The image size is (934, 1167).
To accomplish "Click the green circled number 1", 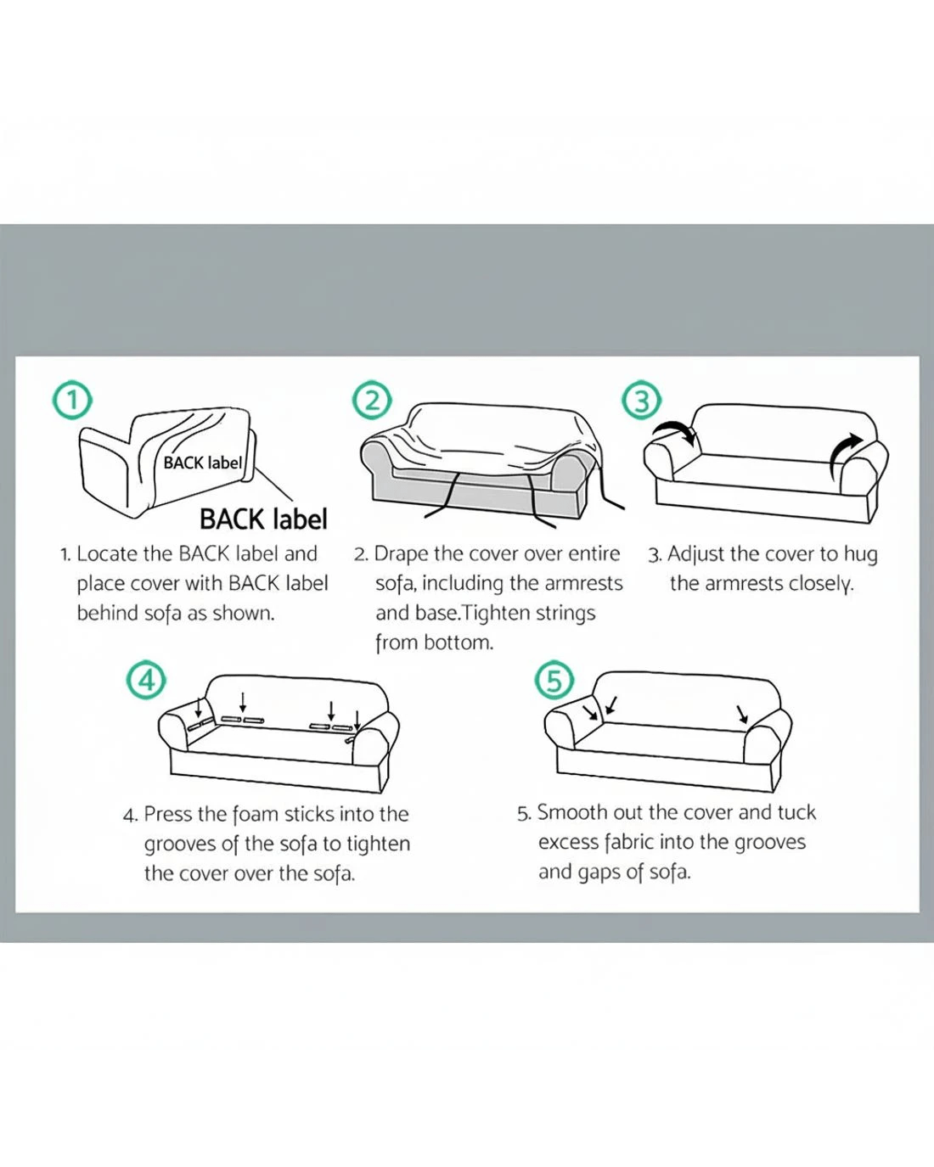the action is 71,401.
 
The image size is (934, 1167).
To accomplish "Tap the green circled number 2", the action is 372,400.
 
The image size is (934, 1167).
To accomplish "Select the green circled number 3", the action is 641,400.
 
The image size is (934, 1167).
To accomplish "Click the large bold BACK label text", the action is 264,519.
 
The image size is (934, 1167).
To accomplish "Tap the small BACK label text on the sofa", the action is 202,463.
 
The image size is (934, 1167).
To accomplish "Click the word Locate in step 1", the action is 107,554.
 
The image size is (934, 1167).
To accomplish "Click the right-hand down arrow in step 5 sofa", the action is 742,714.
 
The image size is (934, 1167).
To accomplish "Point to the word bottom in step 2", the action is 459,642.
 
